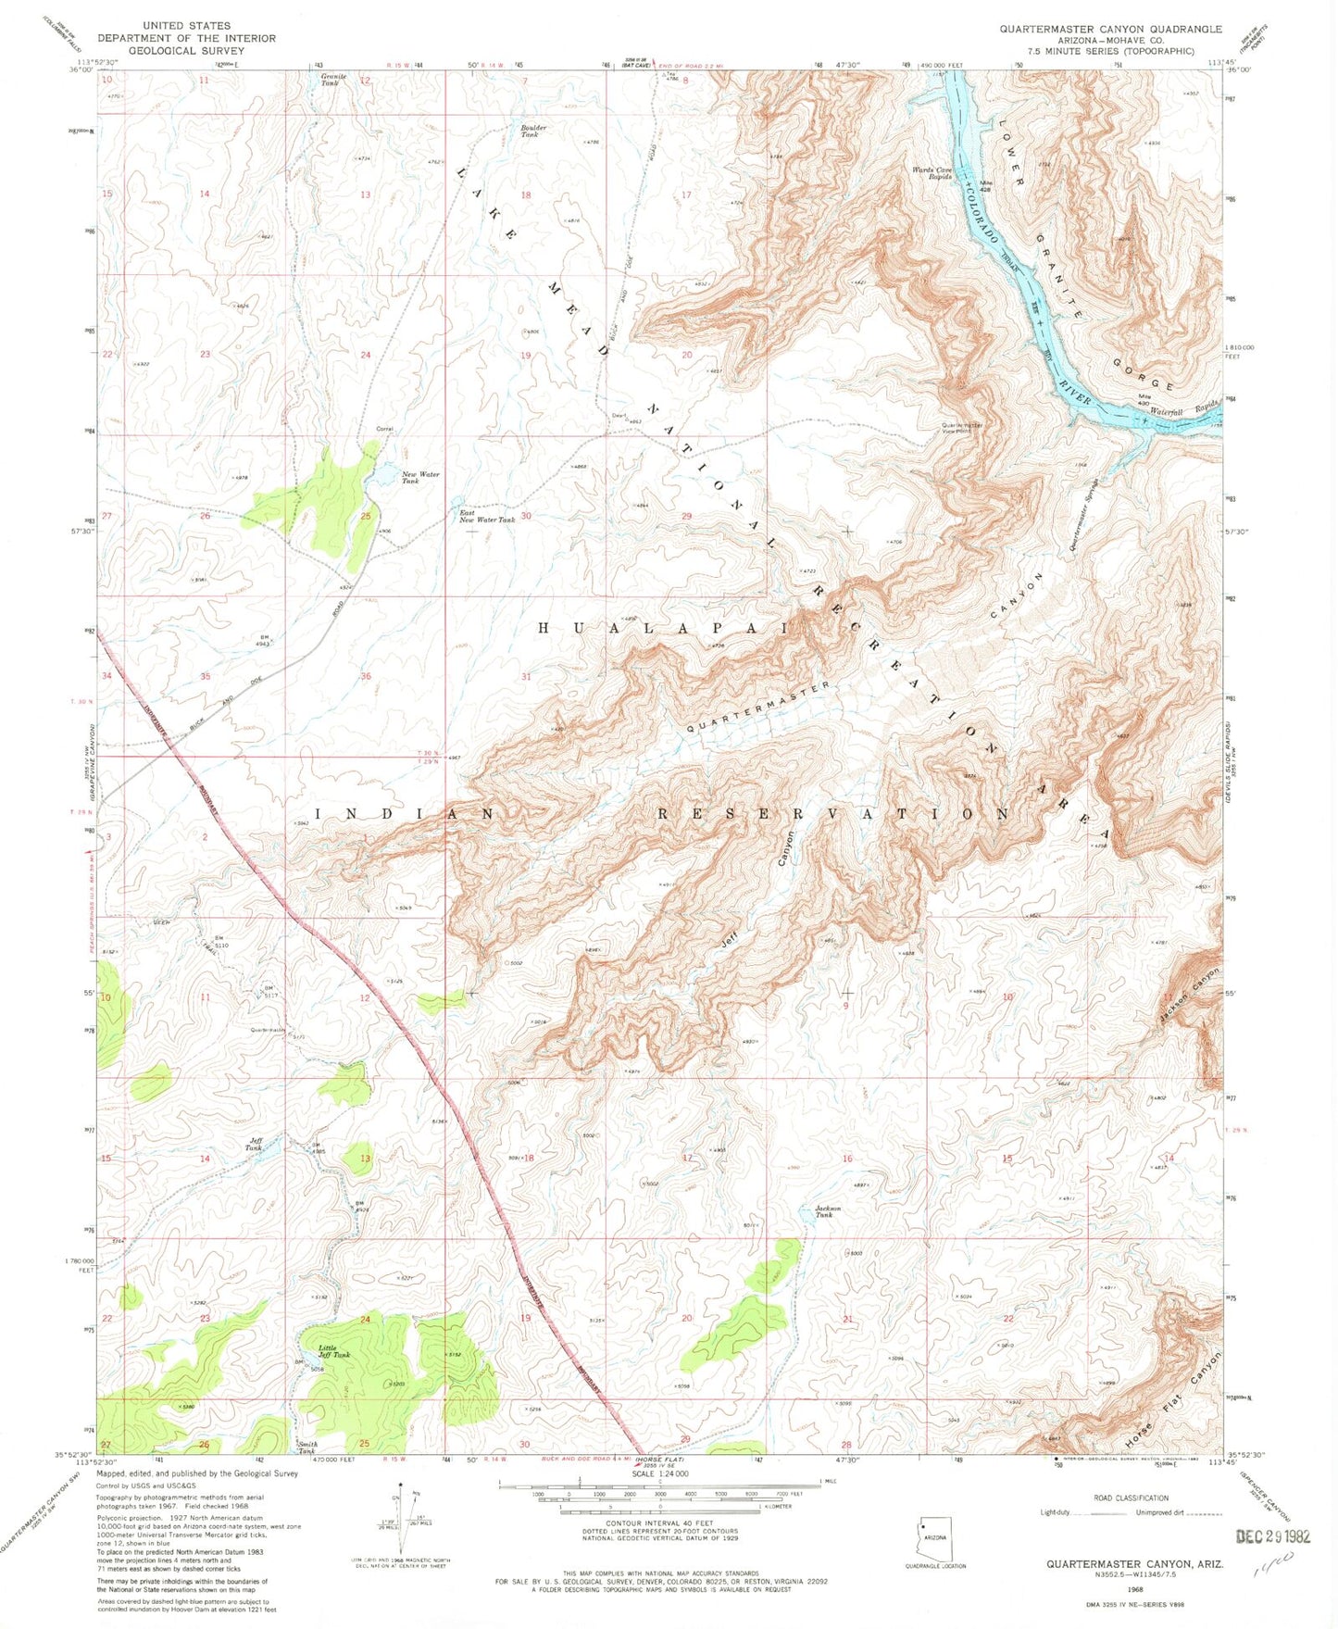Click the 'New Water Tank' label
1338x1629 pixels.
(420, 478)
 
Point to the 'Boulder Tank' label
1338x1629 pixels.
(533, 132)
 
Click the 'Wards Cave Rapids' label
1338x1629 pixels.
(932, 172)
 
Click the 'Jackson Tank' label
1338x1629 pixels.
(827, 1211)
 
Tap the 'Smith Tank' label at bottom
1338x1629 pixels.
(306, 1447)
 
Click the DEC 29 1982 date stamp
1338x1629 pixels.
(1273, 1535)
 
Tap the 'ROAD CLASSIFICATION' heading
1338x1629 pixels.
(1131, 1497)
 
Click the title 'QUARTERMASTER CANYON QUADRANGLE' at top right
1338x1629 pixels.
(1109, 30)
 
